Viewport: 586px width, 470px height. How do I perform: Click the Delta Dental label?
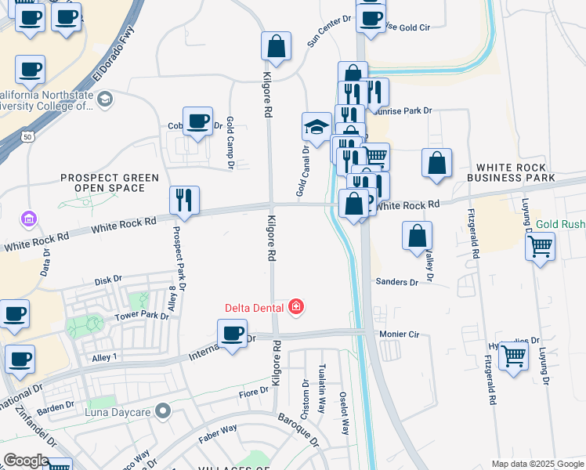click(x=255, y=306)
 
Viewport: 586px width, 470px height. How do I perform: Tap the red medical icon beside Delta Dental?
click(x=296, y=306)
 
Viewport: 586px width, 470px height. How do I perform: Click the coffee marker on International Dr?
click(x=232, y=334)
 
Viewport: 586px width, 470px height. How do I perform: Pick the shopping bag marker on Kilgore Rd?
click(x=276, y=46)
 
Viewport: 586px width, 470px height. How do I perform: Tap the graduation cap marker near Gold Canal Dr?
click(x=317, y=127)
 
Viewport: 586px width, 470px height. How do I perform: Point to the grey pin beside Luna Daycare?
click(x=163, y=410)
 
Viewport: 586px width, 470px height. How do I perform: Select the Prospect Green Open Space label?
click(x=110, y=183)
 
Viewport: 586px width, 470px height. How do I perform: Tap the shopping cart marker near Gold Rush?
click(x=541, y=246)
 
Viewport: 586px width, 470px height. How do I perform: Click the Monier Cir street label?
click(x=400, y=334)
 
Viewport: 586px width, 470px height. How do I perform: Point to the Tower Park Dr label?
click(x=142, y=316)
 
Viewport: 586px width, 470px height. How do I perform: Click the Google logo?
click(x=27, y=461)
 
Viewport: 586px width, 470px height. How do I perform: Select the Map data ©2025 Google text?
click(x=537, y=464)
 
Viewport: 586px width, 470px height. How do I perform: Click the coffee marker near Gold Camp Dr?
click(x=197, y=121)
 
